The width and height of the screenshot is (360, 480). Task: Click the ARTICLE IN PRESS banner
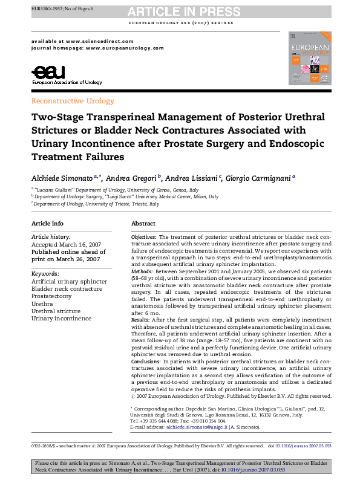point(180,12)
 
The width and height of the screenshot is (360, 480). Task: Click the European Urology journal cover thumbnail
point(310,57)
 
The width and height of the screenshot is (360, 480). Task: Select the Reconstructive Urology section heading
point(72,101)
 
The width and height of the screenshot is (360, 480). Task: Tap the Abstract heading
point(143,223)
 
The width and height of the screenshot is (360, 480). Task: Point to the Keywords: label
point(45,274)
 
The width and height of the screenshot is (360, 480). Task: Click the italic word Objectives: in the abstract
point(144,237)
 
